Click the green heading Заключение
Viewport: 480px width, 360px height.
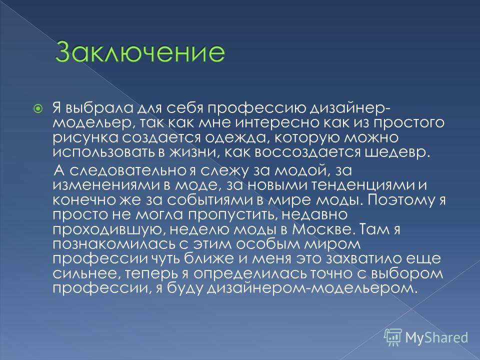point(140,51)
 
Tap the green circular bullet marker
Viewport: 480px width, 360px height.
point(38,108)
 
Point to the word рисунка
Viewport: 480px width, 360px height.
point(85,138)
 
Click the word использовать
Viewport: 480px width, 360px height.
point(104,152)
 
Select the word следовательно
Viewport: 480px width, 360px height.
point(127,170)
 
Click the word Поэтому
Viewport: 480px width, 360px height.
point(402,199)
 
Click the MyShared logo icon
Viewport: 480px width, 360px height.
point(393,337)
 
